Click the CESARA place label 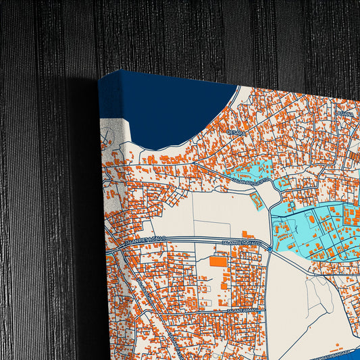[x=236, y=132]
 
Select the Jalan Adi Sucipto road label [x=247, y=181]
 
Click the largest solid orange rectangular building [x=218, y=261]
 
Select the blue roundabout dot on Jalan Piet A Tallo [x=269, y=249]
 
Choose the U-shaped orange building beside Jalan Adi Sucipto [x=257, y=201]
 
